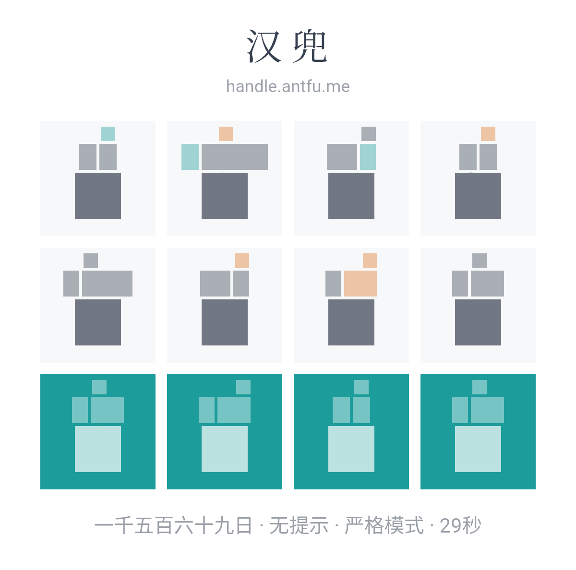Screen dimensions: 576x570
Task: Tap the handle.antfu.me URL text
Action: click(288, 86)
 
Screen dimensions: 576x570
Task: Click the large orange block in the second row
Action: click(360, 284)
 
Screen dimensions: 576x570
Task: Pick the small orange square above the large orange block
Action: click(370, 261)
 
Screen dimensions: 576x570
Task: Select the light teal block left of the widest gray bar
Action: click(190, 156)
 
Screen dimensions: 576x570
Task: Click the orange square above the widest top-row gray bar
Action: click(226, 133)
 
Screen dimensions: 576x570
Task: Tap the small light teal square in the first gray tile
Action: click(108, 133)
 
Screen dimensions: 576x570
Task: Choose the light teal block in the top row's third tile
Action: click(368, 156)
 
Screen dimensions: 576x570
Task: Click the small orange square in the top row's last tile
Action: click(488, 133)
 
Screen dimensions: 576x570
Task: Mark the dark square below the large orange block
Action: click(351, 322)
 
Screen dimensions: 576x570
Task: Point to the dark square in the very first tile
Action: click(98, 195)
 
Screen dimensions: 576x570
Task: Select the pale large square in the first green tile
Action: click(98, 449)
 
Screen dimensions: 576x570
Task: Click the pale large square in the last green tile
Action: click(478, 449)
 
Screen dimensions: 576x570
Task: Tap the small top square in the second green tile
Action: click(243, 387)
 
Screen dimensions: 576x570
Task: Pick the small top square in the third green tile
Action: click(361, 387)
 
